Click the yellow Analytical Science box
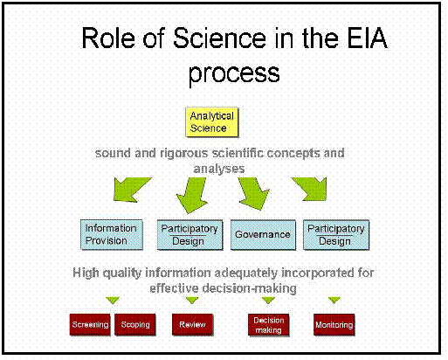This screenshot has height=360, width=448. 212,122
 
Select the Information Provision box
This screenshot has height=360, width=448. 112,234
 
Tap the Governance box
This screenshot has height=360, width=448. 263,235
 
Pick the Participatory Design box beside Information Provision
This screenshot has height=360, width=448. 190,235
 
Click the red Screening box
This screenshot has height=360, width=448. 90,324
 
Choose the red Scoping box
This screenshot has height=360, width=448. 135,324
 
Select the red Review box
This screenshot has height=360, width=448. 192,324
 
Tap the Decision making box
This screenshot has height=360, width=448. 268,325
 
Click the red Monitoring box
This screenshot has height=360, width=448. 334,325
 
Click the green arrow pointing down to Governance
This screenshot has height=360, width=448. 252,193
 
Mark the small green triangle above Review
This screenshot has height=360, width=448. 192,300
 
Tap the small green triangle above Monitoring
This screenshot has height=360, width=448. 334,300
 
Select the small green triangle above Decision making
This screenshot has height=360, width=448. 268,300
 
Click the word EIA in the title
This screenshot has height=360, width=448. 368,38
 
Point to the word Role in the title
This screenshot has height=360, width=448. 108,38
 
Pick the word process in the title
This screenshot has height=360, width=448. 234,73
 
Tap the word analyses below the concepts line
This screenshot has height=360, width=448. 219,169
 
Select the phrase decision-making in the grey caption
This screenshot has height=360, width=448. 250,288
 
